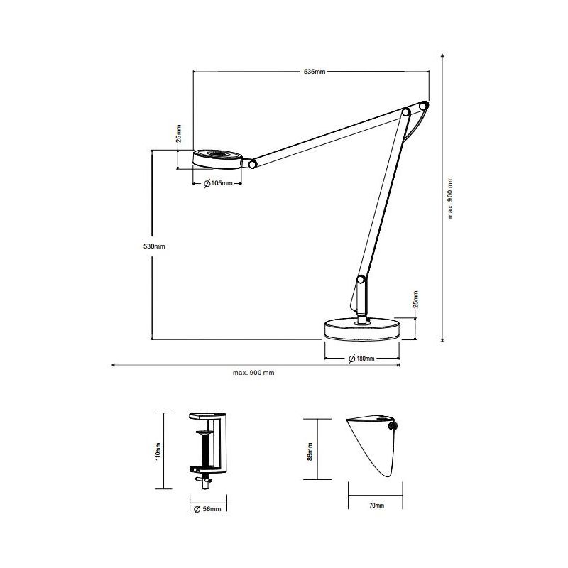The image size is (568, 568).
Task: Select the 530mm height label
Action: click(x=154, y=246)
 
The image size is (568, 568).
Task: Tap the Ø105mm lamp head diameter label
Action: click(x=218, y=183)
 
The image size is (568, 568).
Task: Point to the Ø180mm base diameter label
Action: click(x=361, y=359)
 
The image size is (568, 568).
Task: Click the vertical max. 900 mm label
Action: click(x=450, y=198)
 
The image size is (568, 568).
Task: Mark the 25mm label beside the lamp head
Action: click(x=178, y=134)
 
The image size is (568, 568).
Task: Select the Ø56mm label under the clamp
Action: click(x=207, y=509)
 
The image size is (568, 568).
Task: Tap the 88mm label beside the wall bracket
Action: click(x=310, y=450)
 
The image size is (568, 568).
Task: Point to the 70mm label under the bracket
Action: click(x=376, y=505)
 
